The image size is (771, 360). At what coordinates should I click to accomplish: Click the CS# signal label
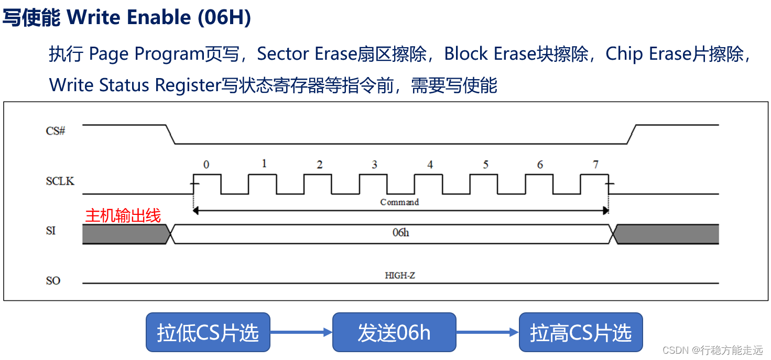55,131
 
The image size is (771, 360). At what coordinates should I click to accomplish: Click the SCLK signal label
60,181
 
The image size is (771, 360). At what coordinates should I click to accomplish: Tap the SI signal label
51,231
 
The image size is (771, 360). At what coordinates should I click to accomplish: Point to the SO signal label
53,281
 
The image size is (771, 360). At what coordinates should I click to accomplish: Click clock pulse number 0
207,165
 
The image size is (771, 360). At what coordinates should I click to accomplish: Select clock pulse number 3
374,165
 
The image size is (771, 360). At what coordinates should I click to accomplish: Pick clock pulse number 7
595,165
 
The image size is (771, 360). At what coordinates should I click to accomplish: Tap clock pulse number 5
485,165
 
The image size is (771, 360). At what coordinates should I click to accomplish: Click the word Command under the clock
399,202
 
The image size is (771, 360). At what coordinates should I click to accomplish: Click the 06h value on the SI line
400,233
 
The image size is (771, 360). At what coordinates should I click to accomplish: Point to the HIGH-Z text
400,275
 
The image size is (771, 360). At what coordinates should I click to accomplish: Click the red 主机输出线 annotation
123,215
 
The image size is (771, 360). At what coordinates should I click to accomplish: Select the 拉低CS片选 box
208,332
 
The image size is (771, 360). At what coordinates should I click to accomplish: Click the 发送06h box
394,332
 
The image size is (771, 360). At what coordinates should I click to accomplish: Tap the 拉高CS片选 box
580,332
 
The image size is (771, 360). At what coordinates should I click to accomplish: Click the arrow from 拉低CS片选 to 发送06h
301,332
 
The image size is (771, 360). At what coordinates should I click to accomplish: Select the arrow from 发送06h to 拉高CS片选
487,332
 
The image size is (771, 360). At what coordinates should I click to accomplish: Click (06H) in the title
224,18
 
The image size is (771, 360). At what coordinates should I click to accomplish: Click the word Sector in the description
283,54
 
